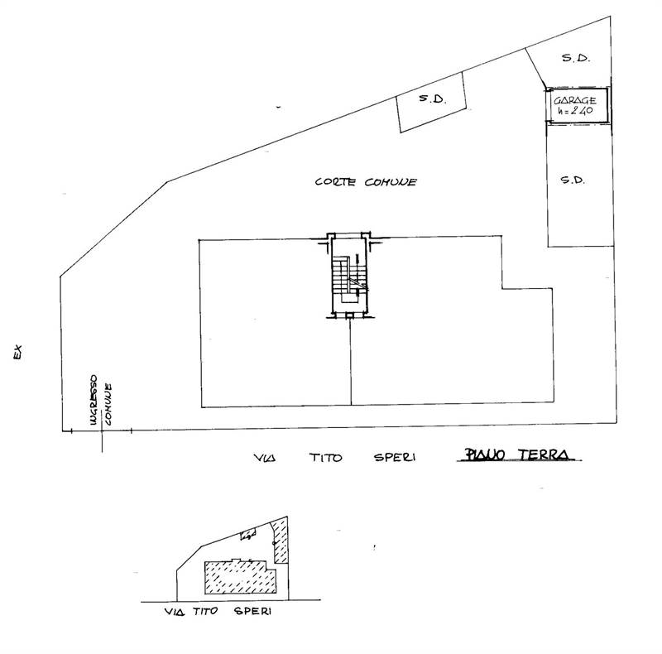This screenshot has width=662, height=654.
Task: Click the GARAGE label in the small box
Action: tap(577, 99)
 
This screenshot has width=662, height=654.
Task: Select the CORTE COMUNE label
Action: tap(365, 182)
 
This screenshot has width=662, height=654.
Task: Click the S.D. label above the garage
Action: tap(574, 59)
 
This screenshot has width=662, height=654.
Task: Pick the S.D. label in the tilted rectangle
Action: tap(432, 99)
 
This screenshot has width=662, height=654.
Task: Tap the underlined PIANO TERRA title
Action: tap(519, 454)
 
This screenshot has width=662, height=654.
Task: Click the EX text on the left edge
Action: tap(16, 352)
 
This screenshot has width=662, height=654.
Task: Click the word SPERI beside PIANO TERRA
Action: tap(394, 456)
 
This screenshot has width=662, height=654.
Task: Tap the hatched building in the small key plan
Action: tap(238, 576)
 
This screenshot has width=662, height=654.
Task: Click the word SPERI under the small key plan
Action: tap(252, 613)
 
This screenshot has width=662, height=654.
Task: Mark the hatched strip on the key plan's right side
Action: tap(281, 541)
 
